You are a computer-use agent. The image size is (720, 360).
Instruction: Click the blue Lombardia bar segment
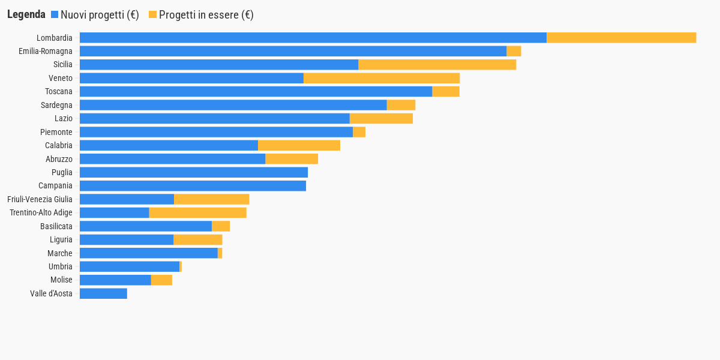[x=313, y=38]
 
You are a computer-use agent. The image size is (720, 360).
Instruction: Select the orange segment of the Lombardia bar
[x=621, y=38]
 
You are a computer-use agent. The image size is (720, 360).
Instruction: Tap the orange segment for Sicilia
[x=437, y=65]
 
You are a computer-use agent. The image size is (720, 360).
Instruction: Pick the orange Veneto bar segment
[x=382, y=78]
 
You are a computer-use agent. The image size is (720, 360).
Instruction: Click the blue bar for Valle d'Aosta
[x=103, y=293]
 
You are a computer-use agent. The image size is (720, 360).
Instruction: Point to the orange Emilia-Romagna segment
[x=514, y=51]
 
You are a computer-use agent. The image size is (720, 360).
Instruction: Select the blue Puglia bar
[x=194, y=172]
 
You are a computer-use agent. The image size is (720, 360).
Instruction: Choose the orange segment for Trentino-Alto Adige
[x=197, y=212]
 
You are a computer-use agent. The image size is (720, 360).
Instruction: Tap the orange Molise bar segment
[x=161, y=280]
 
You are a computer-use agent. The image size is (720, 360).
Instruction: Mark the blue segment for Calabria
[x=169, y=145]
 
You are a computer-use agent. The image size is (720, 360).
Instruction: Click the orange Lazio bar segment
[x=381, y=118]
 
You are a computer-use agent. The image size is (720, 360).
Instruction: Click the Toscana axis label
[x=59, y=91]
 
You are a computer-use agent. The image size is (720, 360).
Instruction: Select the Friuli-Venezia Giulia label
[x=40, y=199]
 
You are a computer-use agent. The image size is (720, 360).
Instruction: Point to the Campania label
[x=55, y=185]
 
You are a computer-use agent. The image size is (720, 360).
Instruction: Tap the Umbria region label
[x=60, y=266]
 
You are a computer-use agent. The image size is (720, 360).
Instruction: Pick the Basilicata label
[x=56, y=226]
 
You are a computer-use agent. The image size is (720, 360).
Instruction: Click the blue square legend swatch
[x=55, y=14]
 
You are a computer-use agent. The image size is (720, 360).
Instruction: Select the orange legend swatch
[x=152, y=14]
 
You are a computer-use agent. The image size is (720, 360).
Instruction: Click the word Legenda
[x=26, y=14]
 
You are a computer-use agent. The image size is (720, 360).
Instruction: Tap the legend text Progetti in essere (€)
[x=206, y=15]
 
